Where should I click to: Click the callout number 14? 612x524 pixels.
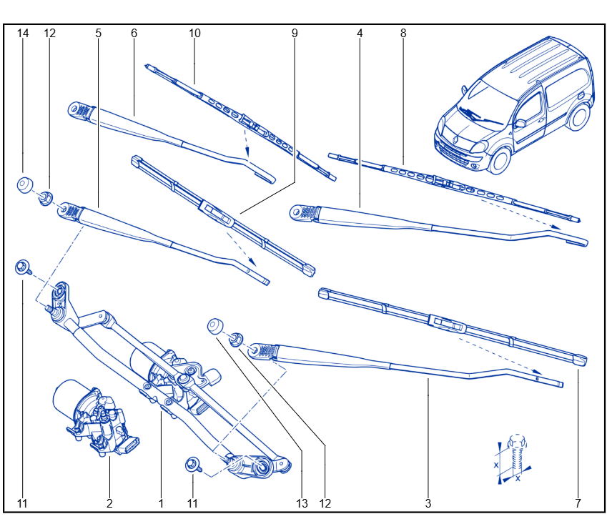[23, 33]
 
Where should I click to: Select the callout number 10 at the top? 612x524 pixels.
[194, 33]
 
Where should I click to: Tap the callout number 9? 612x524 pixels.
[295, 33]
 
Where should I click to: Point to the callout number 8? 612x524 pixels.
[403, 33]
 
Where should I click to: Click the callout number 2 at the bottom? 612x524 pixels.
[109, 503]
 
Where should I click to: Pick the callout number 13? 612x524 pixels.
[302, 503]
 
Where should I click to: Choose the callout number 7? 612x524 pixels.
[578, 503]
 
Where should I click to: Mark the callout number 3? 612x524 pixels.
[428, 503]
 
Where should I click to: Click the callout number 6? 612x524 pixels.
[134, 33]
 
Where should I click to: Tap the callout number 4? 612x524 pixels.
[360, 33]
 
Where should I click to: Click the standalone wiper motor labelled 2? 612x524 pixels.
[96, 417]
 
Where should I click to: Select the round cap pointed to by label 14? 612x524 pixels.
[25, 184]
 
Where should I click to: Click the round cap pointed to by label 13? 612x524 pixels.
[215, 326]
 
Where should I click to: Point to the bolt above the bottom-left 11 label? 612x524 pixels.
[23, 267]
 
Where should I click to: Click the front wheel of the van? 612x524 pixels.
[499, 160]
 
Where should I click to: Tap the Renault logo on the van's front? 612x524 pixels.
[455, 139]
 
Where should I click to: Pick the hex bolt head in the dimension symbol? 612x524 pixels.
[518, 441]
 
